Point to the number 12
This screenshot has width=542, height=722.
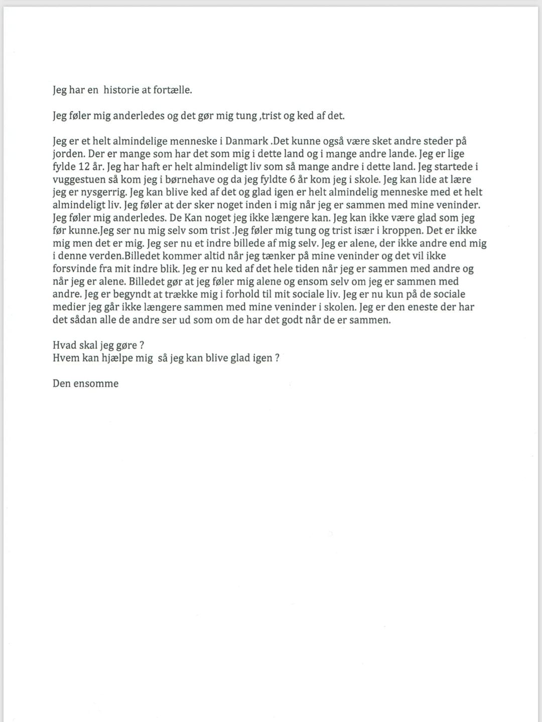tap(84, 167)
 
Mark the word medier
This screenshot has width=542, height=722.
tap(68, 307)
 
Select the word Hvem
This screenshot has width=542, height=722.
tap(65, 358)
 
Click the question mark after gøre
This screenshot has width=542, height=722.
tap(143, 345)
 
